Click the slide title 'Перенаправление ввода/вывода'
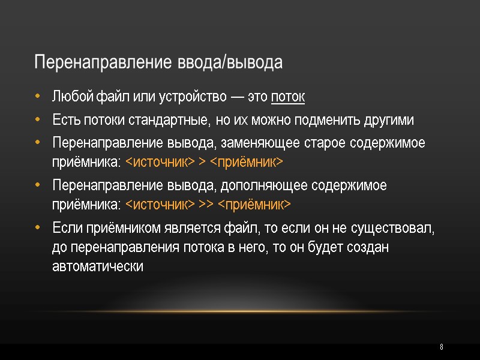(x=158, y=63)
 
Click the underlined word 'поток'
(x=289, y=97)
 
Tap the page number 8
(x=442, y=347)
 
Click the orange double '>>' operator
(x=206, y=205)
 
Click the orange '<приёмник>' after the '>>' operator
(x=254, y=205)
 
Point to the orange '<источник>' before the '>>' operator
(x=160, y=205)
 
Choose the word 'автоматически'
(x=98, y=266)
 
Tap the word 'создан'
(x=371, y=248)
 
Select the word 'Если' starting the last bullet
(x=66, y=229)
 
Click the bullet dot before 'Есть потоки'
(x=38, y=120)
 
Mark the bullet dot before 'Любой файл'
(x=38, y=97)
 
